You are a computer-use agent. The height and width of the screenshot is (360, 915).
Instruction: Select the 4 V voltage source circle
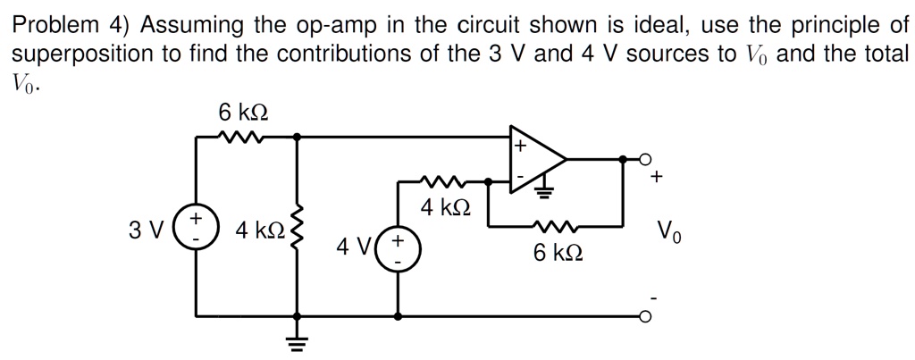point(397,247)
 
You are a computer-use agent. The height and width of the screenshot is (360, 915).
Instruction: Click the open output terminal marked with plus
point(646,159)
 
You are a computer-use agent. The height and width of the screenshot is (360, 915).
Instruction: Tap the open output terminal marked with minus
point(646,316)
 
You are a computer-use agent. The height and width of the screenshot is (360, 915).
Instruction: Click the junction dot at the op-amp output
point(623,159)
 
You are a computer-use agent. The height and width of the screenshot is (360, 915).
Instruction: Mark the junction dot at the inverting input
point(488,181)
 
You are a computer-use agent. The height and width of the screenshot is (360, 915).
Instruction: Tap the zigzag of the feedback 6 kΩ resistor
point(556,226)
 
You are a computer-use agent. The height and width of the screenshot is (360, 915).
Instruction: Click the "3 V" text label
point(145,230)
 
